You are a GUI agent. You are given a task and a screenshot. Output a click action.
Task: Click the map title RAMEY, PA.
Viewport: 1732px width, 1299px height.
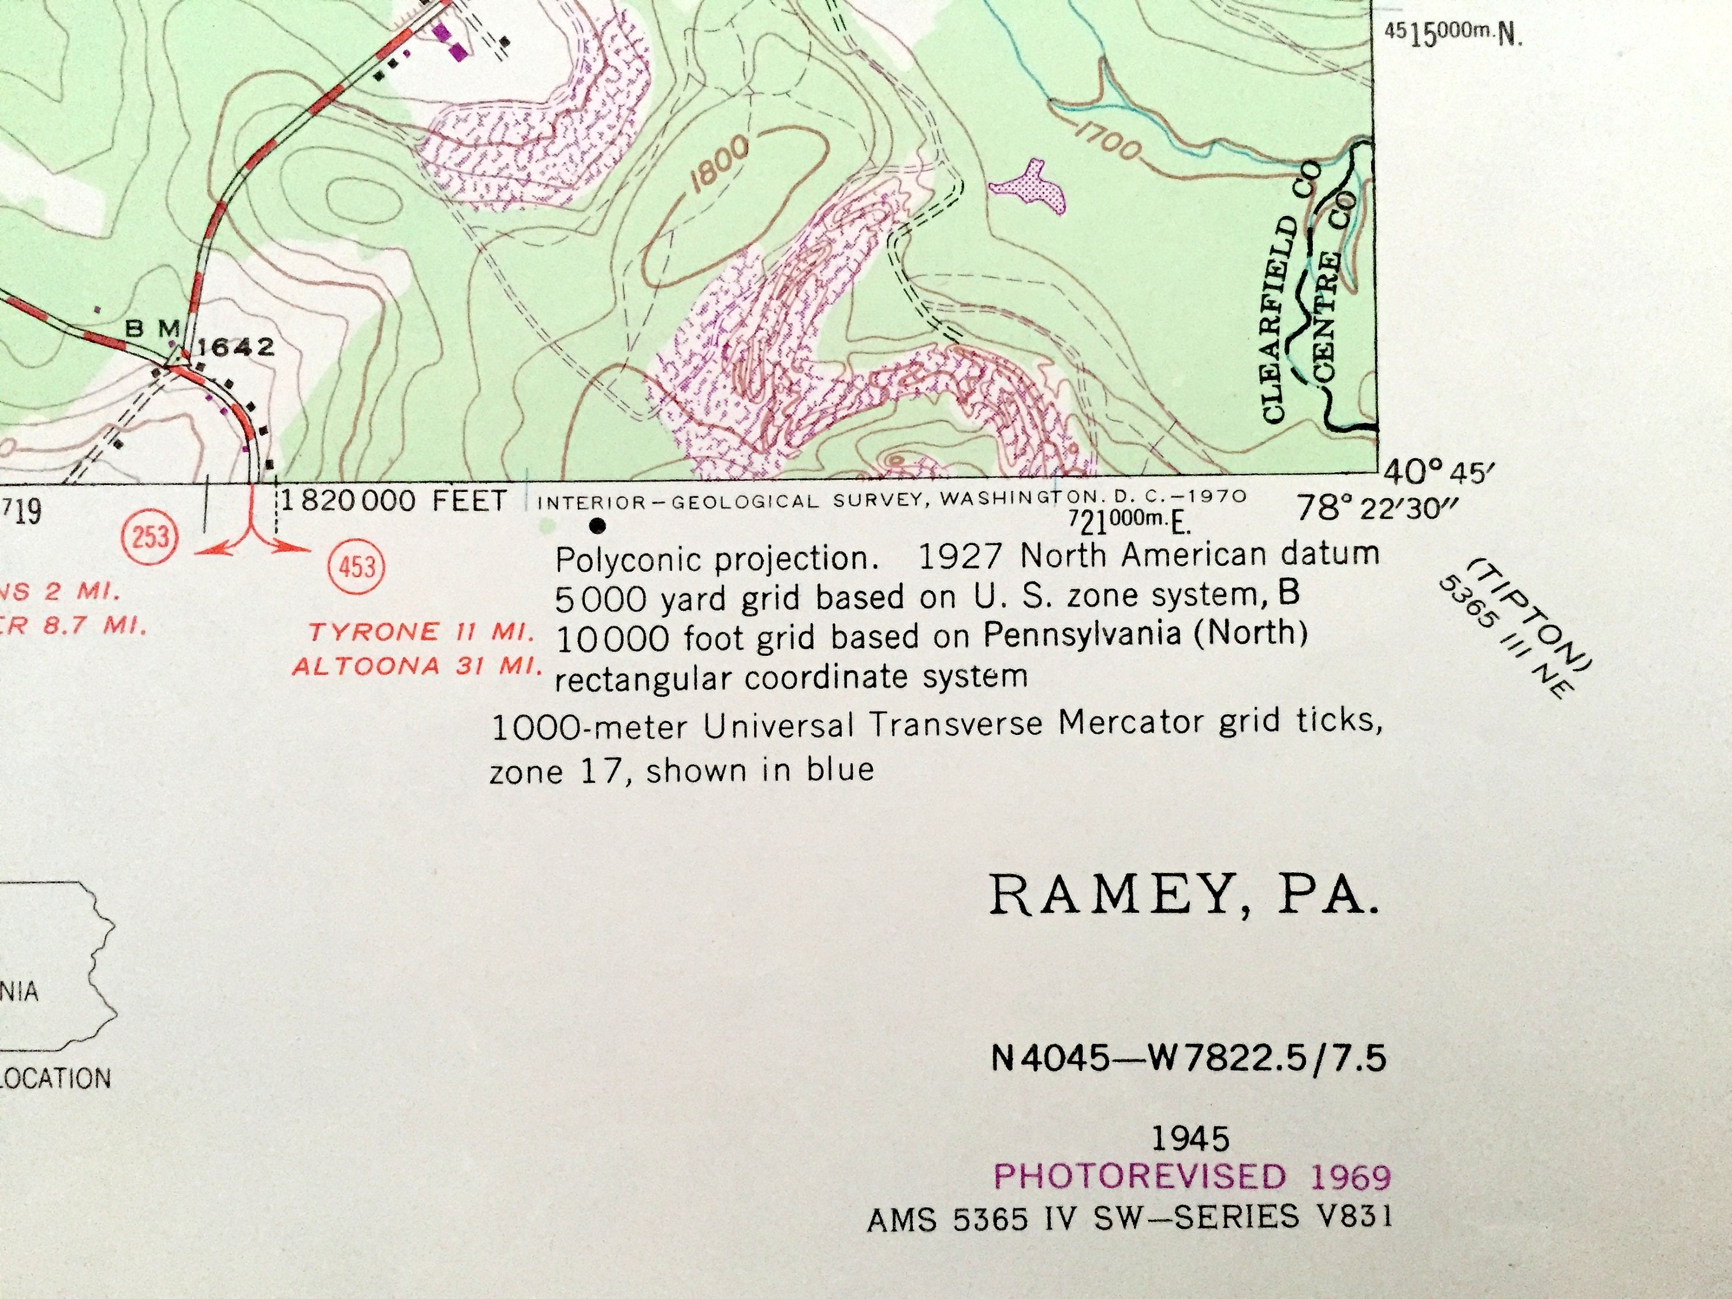1183,895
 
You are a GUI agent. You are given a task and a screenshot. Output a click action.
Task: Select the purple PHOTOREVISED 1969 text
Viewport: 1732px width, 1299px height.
1192,1176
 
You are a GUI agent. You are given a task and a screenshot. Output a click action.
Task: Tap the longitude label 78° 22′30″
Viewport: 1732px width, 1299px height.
1378,509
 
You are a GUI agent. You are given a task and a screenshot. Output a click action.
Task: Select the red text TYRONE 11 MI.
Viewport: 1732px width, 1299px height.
422,631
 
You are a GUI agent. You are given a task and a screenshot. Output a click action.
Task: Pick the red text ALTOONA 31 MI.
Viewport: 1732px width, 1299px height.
417,667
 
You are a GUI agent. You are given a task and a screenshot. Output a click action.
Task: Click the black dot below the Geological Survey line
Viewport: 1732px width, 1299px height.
598,525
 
